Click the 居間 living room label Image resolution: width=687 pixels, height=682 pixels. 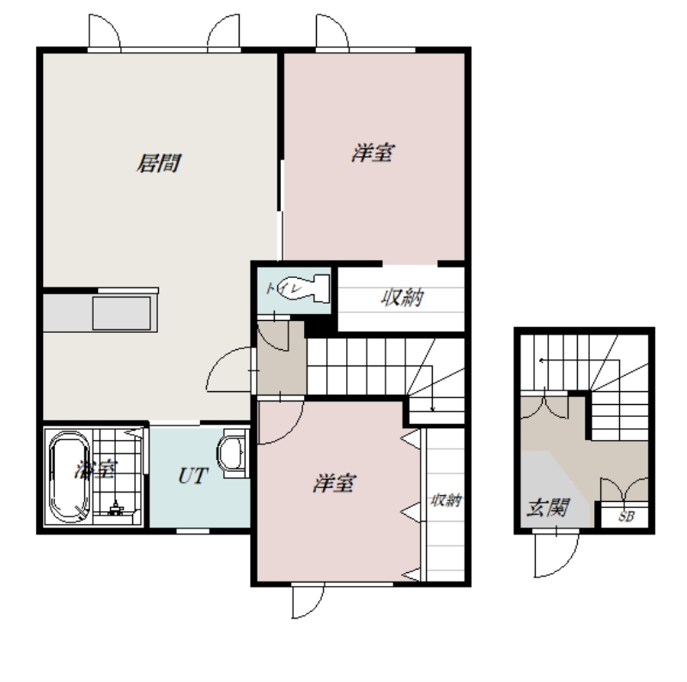159,163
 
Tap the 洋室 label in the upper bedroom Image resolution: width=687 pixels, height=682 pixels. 373,154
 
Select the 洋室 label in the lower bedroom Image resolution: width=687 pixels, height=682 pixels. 335,484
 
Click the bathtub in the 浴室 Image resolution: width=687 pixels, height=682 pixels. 70,477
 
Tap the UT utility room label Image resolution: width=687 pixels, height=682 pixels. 192,476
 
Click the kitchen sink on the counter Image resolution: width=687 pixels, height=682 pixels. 121,313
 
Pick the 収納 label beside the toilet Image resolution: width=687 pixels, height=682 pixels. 402,298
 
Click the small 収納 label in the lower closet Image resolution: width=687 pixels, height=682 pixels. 446,500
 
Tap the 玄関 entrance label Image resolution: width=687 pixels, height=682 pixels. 548,508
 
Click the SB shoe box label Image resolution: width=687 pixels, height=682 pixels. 626,516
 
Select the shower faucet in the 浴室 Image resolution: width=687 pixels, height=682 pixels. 116,508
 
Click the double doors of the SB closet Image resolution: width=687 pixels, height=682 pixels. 624,488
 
